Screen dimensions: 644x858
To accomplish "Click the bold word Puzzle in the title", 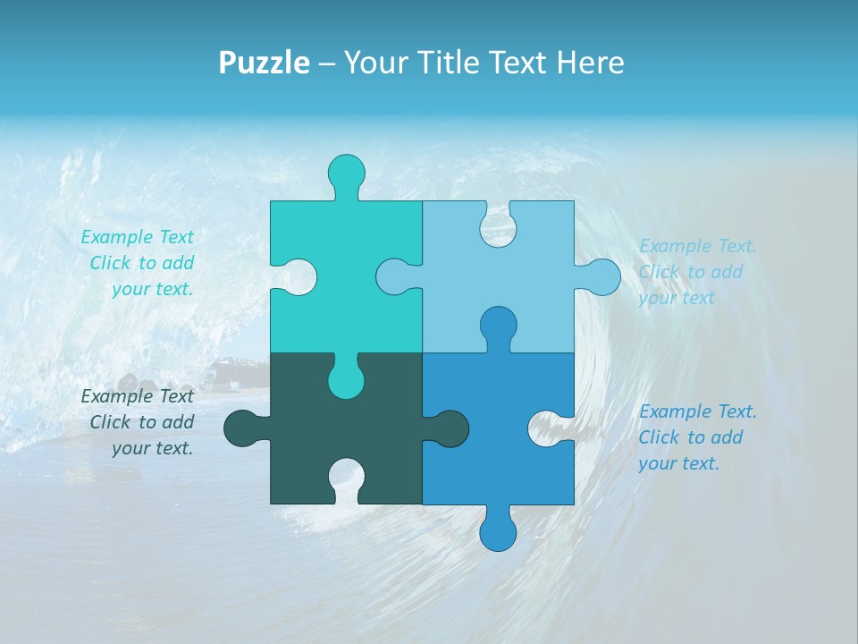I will pos(265,63).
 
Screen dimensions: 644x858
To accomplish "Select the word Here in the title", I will pos(590,63).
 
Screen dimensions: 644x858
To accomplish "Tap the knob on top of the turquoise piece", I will pos(346,172).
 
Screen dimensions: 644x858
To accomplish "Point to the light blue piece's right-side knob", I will pos(601,276).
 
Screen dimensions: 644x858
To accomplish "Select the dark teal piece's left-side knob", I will pos(242,428).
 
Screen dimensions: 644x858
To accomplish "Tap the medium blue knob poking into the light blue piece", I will pos(498,325).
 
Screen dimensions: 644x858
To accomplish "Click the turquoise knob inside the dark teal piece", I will pos(346,380).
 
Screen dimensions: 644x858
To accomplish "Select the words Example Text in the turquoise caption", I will pos(137,237).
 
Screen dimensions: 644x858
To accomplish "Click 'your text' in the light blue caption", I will pos(677,298).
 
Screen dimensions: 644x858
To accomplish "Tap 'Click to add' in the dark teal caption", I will pos(142,422).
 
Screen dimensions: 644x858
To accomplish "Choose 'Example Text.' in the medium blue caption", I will pos(698,411).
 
